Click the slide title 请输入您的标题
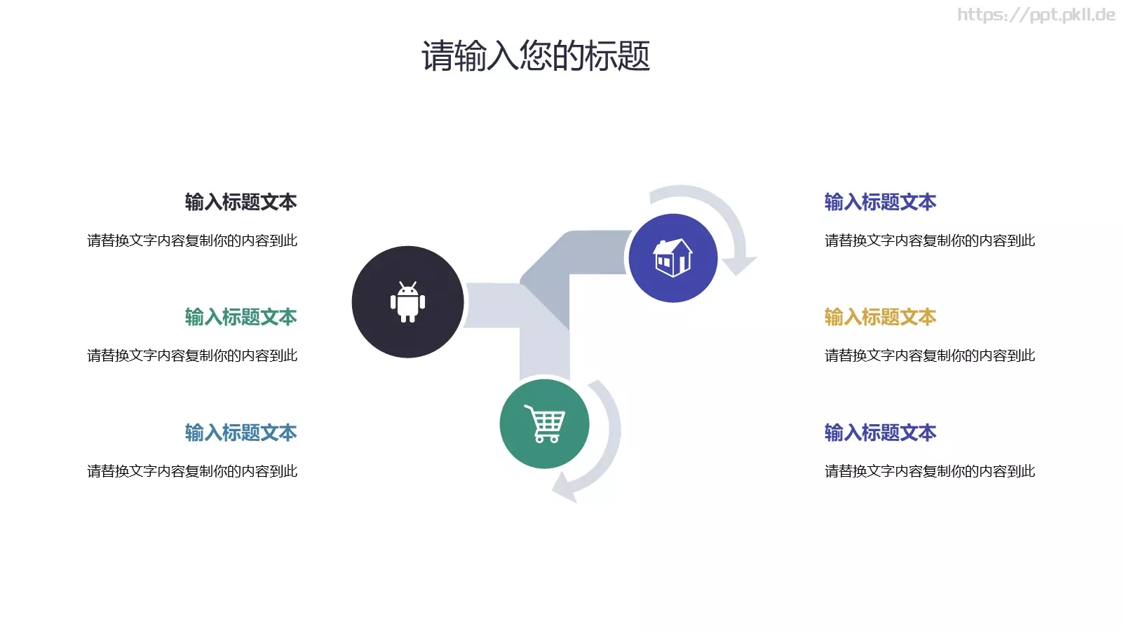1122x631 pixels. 536,56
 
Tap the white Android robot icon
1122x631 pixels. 407,302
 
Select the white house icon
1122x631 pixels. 672,257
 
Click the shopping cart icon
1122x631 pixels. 545,424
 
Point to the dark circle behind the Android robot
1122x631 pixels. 372,330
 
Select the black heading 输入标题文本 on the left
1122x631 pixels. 241,202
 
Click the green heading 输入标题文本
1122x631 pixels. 241,317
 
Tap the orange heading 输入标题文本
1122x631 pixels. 880,317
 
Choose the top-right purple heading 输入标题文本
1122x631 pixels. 880,202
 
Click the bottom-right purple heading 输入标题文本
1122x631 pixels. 880,433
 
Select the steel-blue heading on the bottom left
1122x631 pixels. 241,433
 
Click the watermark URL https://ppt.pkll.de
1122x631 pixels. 1036,15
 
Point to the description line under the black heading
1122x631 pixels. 192,240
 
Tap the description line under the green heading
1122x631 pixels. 192,355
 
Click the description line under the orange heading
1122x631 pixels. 930,355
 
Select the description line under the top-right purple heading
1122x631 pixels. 930,240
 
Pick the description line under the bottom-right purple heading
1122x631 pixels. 930,471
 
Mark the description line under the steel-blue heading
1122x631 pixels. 192,471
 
